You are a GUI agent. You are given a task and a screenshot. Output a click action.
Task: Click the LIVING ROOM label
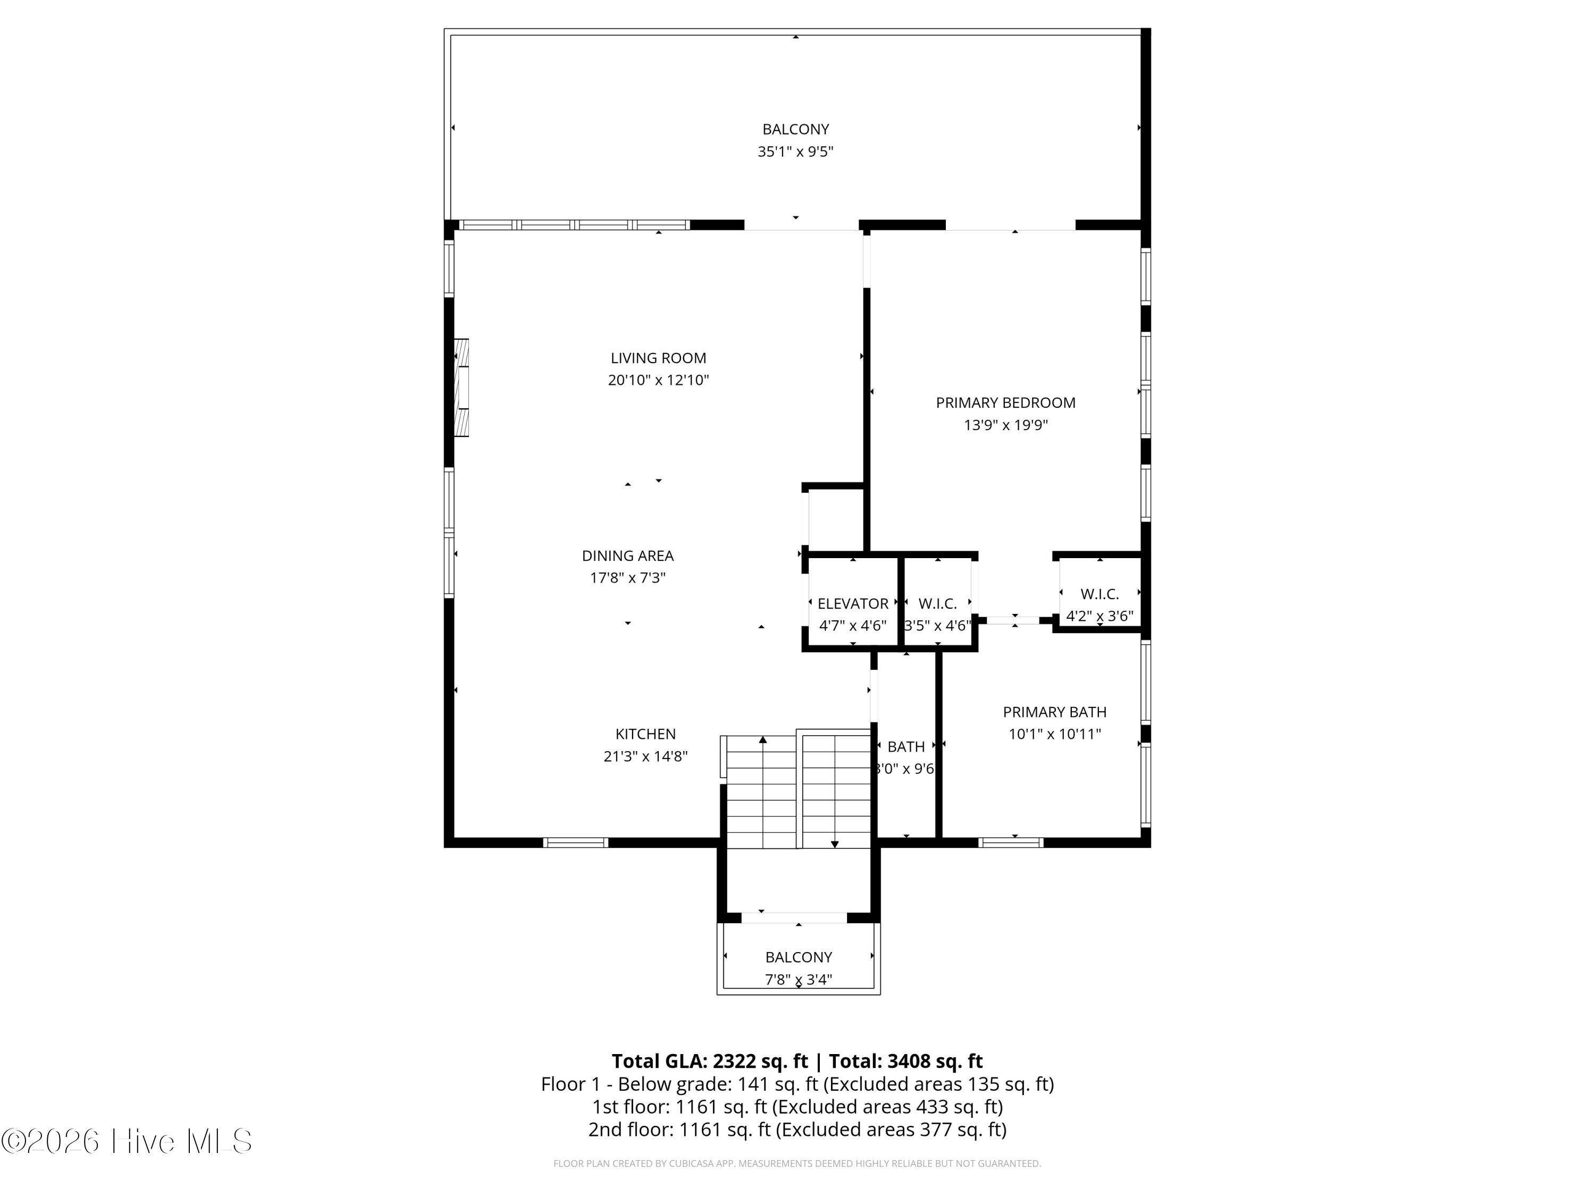point(658,358)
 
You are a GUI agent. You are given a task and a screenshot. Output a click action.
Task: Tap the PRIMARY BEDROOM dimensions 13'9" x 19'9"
point(1005,425)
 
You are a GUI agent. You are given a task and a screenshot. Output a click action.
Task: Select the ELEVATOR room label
point(852,603)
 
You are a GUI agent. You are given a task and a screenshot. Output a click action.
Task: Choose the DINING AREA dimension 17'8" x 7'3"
point(627,577)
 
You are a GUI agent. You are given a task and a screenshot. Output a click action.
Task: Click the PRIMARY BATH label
point(1054,712)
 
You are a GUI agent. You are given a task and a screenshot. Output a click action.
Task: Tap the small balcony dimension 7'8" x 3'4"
point(798,979)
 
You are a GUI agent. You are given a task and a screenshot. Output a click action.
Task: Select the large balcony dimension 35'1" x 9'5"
point(795,151)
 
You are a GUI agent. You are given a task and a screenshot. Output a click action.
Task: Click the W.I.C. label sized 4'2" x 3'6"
point(1099,594)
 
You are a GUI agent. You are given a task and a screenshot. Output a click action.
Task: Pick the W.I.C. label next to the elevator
point(937,603)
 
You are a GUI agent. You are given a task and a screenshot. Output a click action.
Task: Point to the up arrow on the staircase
point(763,740)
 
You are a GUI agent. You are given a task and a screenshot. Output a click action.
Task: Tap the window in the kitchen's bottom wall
point(575,842)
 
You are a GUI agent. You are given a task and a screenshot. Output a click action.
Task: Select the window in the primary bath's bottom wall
point(1010,842)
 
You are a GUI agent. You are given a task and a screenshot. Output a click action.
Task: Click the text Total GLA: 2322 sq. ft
point(710,1061)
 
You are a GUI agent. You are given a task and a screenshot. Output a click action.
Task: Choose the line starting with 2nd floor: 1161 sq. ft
point(797,1129)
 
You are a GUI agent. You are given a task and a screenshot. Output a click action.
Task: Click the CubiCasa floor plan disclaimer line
point(797,1163)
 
